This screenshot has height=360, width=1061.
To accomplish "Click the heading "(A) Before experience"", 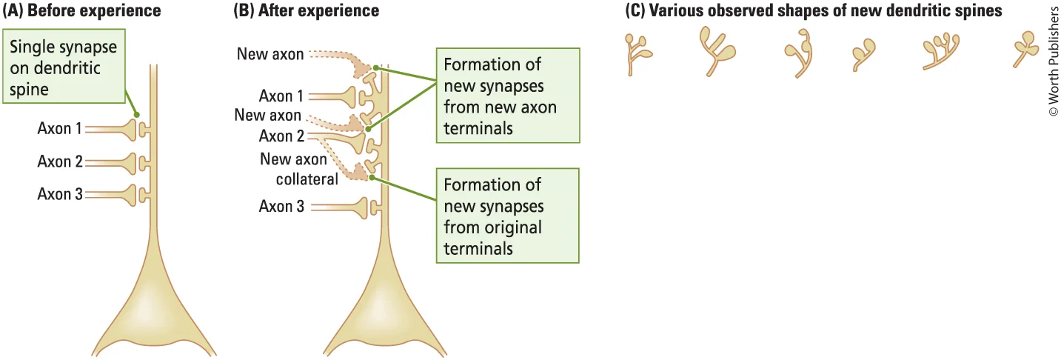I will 81,11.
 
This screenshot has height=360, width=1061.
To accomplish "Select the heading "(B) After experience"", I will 306,11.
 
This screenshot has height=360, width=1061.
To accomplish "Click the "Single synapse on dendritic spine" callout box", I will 63,68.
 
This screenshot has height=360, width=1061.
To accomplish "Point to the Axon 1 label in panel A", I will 60,128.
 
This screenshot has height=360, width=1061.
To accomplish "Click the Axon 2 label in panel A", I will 60,161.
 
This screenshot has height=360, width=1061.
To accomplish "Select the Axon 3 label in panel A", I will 60,194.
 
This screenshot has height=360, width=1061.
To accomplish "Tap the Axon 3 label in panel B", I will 281,207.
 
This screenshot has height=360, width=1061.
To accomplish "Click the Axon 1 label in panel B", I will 281,96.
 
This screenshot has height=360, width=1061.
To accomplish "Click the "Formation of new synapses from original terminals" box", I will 505,216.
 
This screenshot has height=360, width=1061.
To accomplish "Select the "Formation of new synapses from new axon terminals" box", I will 505,96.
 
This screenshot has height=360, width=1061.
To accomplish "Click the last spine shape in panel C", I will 1025,49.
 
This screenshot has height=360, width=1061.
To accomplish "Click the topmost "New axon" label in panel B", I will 270,54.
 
